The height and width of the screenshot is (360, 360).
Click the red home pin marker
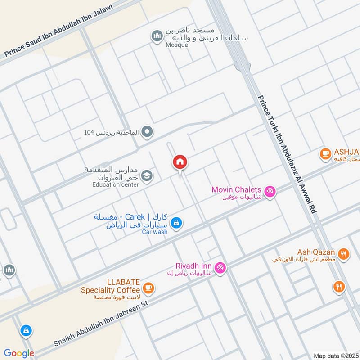tap(180, 162)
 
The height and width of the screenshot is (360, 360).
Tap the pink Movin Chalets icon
tap(270, 191)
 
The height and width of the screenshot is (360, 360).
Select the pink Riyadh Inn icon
tap(220, 267)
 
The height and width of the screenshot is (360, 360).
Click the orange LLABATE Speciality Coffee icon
tap(148, 287)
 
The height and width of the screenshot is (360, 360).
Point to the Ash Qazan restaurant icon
tap(343, 254)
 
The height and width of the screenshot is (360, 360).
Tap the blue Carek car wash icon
tap(176, 222)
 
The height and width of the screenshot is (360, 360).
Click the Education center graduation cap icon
tap(146, 176)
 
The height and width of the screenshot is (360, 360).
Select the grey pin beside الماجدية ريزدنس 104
tap(147, 132)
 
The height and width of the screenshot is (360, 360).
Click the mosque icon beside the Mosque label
tap(157, 36)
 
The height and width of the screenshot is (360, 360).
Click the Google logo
tap(19, 353)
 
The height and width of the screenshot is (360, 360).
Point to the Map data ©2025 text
tap(335, 355)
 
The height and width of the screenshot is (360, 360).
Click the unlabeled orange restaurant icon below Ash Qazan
tap(339, 286)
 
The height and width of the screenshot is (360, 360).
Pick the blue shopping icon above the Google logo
tap(26, 331)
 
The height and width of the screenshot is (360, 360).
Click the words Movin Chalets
tap(237, 189)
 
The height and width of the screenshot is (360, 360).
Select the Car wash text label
tap(155, 232)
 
